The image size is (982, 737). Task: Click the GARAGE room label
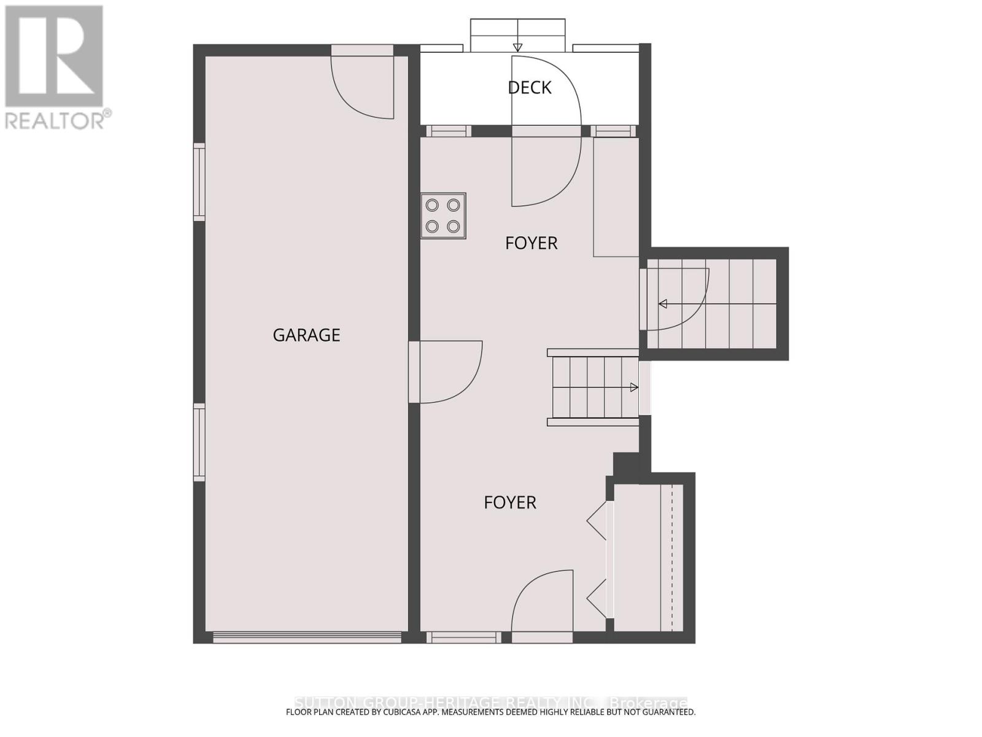point(306,335)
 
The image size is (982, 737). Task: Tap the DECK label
point(529,88)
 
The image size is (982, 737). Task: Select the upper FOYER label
point(531,243)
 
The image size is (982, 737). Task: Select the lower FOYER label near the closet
point(509,502)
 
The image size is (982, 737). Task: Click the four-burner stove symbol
point(443,216)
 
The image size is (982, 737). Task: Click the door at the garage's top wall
point(362,83)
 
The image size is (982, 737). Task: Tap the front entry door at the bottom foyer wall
point(542,605)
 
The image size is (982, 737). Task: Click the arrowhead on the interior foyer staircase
point(634,388)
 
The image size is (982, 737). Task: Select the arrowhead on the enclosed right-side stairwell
point(663,303)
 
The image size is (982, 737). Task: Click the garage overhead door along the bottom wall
point(307,638)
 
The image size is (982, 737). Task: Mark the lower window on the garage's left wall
point(199,442)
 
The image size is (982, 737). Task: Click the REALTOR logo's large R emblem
point(54,57)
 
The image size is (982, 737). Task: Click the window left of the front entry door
point(464,638)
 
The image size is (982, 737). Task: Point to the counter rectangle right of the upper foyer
point(616,197)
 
